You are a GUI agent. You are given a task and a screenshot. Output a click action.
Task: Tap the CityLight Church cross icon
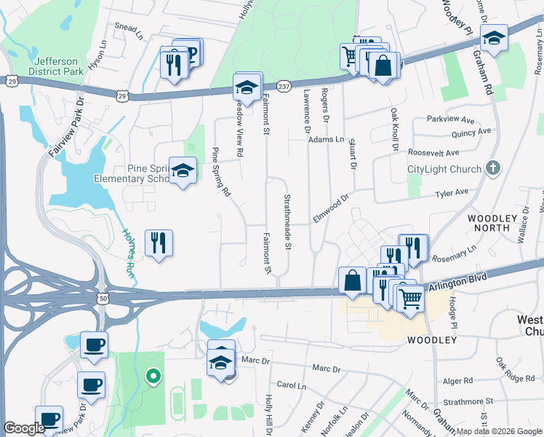tap(493, 169)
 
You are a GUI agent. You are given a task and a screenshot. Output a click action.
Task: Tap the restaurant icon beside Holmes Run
tap(159, 242)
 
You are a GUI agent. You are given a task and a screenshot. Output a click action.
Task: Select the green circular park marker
tap(153, 377)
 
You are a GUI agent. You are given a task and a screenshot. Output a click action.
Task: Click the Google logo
tap(24, 428)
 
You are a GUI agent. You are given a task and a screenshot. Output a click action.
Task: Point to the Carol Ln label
tap(291, 385)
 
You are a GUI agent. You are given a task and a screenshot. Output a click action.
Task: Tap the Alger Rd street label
tap(457, 380)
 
